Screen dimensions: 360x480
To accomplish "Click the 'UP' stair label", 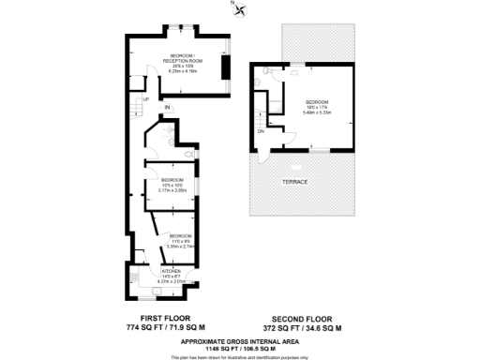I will [x=145, y=98].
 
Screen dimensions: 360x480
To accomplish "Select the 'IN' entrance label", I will [x=168, y=109].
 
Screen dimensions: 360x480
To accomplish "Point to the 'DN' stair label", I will [x=261, y=131].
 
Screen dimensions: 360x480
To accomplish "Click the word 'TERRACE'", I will [x=296, y=181].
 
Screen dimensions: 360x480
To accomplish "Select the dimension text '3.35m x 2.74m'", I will [x=181, y=246].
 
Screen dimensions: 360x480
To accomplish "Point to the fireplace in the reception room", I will [x=223, y=68].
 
